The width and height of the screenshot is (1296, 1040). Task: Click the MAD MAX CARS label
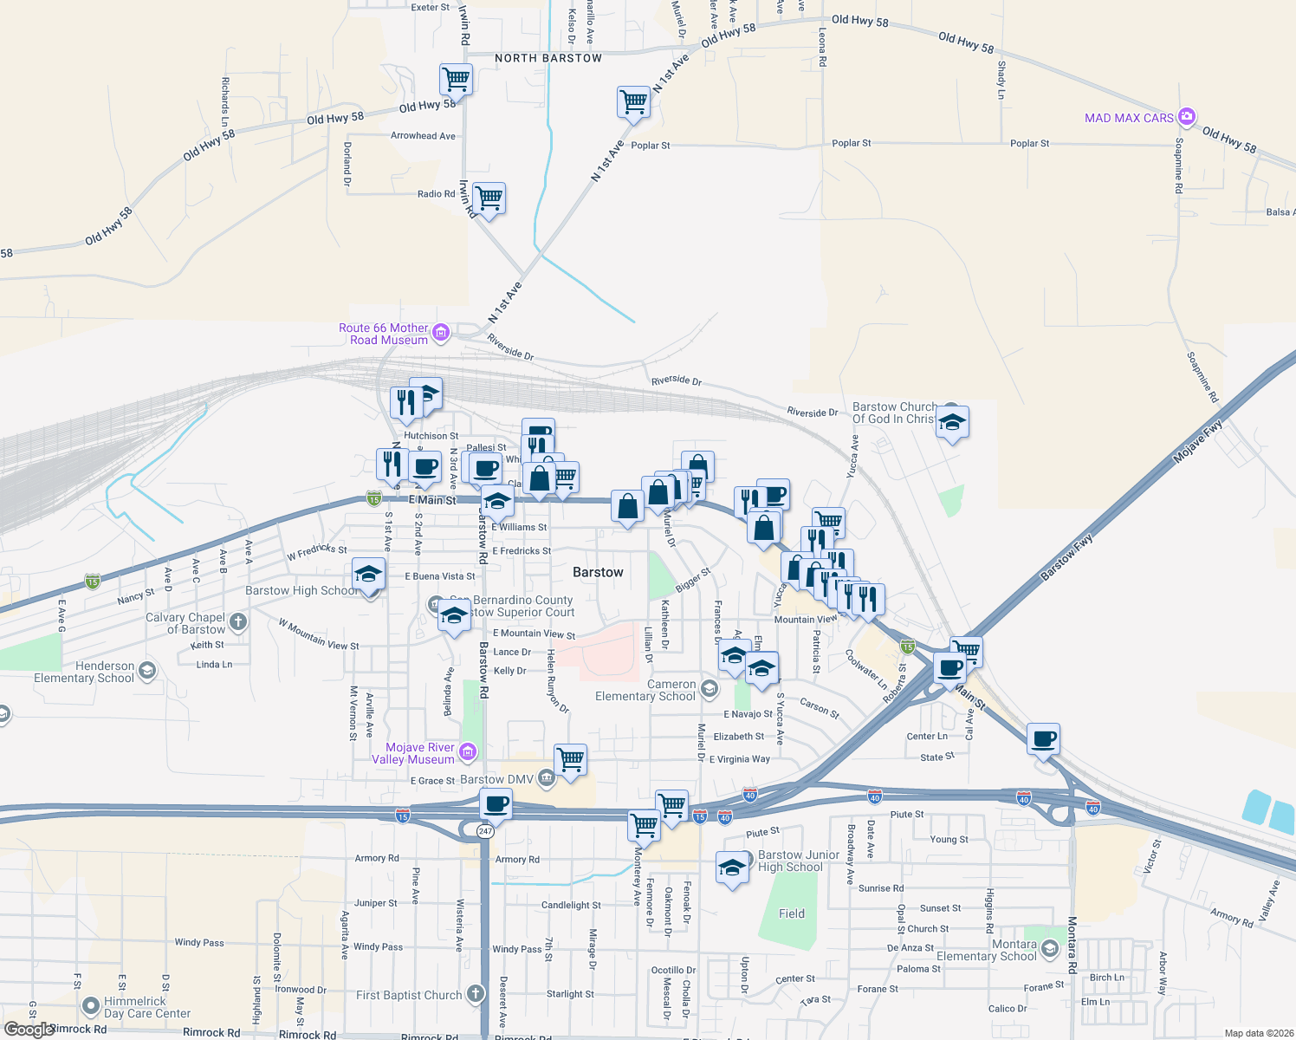[x=1129, y=118]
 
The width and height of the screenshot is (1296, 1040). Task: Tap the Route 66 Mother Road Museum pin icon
[x=441, y=333]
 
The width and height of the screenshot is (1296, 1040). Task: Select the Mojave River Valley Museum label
[x=420, y=753]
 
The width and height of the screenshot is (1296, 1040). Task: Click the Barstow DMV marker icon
[x=546, y=778]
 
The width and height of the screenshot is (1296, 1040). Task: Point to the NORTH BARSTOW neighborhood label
[x=548, y=58]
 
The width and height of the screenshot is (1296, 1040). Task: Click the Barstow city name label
[x=598, y=572]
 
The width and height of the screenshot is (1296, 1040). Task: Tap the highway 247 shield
[x=485, y=831]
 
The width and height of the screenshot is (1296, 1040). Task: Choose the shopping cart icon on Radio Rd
[x=489, y=198]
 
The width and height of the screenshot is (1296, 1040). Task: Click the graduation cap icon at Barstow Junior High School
[x=732, y=868]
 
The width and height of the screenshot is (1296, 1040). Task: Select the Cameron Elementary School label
[x=645, y=690]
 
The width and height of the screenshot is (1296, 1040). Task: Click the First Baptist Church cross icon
[x=475, y=993]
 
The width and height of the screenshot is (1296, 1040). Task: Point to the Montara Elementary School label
[x=987, y=950]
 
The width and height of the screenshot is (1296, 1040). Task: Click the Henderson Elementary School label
[x=84, y=672]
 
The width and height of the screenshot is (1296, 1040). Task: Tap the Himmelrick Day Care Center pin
[x=91, y=1006]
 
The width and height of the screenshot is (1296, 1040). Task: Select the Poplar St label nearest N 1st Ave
[x=651, y=146]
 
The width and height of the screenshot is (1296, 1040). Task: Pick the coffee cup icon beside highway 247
[x=496, y=803]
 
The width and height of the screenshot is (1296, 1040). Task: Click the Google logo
[x=29, y=1029]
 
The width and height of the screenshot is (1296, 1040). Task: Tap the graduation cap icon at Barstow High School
[x=368, y=575]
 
